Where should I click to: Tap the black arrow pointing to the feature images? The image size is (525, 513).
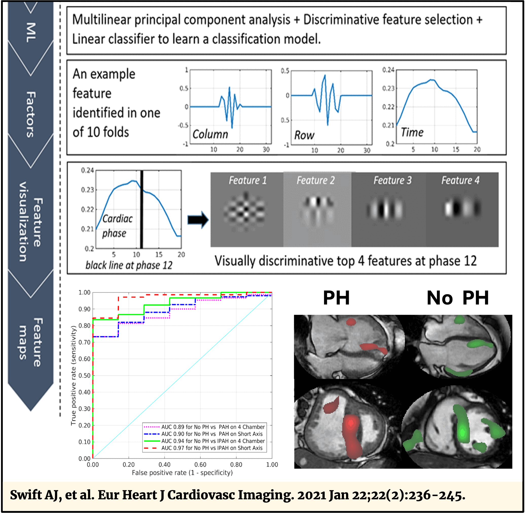[198, 220]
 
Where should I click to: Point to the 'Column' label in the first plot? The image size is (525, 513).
[210, 134]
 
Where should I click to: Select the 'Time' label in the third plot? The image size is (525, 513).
[412, 132]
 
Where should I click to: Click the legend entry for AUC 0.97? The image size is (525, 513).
[212, 448]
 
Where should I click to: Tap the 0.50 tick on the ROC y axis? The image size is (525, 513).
[84, 375]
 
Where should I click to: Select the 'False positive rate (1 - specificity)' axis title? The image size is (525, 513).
[182, 472]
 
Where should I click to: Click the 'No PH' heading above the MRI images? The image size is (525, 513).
[458, 298]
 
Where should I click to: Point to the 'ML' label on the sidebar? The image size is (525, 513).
[31, 32]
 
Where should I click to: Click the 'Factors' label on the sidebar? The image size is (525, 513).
[30, 115]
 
